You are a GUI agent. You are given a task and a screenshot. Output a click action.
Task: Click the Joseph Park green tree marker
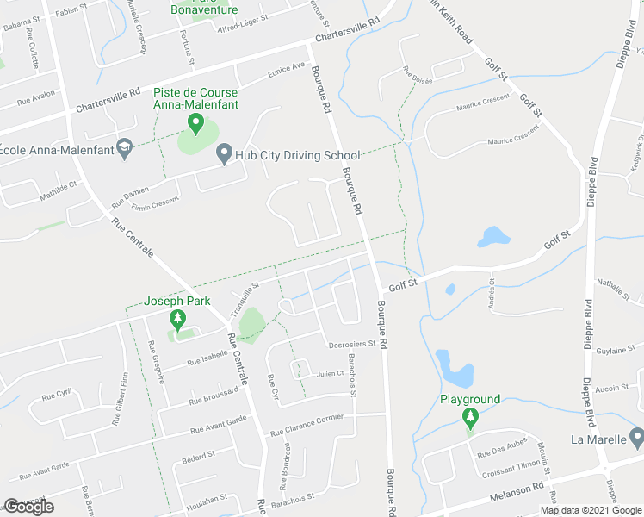point(177,321)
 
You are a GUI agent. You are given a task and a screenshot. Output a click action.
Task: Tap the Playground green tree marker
point(469,419)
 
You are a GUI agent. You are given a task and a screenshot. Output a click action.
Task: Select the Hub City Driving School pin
point(224,155)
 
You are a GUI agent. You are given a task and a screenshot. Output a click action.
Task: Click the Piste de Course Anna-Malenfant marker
point(195,127)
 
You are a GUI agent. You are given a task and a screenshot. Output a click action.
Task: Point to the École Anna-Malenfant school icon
point(124,149)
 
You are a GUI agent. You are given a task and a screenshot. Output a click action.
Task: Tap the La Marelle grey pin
point(635,439)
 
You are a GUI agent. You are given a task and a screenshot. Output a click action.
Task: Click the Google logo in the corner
point(28,507)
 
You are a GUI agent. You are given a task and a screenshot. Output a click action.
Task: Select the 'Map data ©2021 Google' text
point(591,510)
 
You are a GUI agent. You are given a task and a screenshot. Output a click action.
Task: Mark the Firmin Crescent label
point(155,203)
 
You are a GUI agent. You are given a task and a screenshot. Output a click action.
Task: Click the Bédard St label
point(198,454)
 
